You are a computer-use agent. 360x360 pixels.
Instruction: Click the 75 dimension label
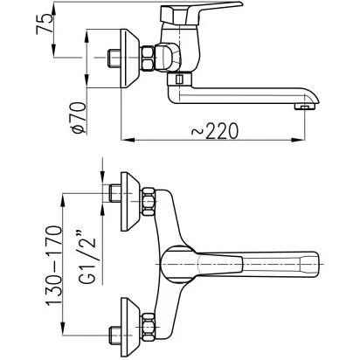coord(45,24)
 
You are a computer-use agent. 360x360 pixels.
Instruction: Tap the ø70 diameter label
coord(80,118)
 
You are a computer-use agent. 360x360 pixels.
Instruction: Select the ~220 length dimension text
coord(215,131)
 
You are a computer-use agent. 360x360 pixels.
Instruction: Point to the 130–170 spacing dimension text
coord(54,266)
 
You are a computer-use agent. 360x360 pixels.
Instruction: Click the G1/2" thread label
coord(87,257)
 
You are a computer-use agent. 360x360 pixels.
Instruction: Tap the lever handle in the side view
coord(201,13)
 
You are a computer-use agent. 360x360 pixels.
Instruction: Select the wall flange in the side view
coord(130,59)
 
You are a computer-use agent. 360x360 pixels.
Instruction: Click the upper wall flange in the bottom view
coord(130,202)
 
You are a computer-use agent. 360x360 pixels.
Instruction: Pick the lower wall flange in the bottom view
coord(130,327)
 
